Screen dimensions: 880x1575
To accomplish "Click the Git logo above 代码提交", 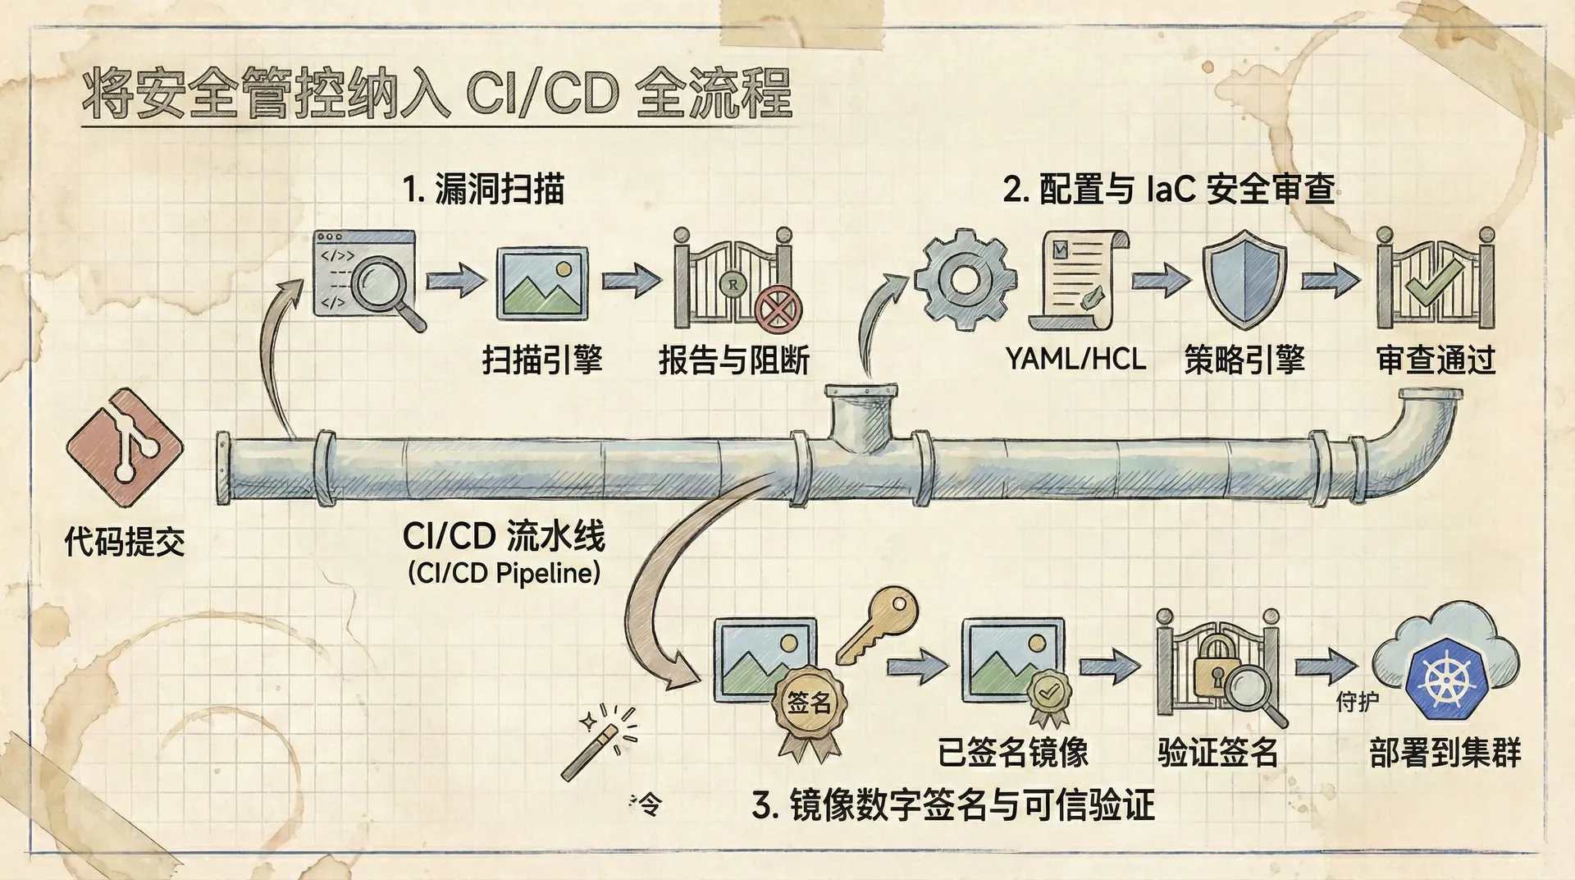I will (x=126, y=447).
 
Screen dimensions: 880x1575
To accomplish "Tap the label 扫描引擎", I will (x=542, y=360).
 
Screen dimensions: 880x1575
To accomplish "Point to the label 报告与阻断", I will (x=734, y=360).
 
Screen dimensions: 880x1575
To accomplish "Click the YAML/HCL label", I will (x=1075, y=359).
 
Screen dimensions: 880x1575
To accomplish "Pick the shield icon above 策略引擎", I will (x=1244, y=279).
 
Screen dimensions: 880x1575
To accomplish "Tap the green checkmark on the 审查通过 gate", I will (x=1434, y=287).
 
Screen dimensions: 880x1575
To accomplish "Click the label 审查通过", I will (x=1436, y=360).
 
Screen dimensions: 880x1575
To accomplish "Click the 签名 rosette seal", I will (x=810, y=704).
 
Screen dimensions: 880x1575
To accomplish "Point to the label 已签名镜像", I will (x=1013, y=752).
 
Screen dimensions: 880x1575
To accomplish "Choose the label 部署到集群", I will (x=1445, y=752).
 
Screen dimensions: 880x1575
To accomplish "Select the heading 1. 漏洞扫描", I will (x=484, y=189).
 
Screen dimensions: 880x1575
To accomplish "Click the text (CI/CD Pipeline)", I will (x=504, y=573).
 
